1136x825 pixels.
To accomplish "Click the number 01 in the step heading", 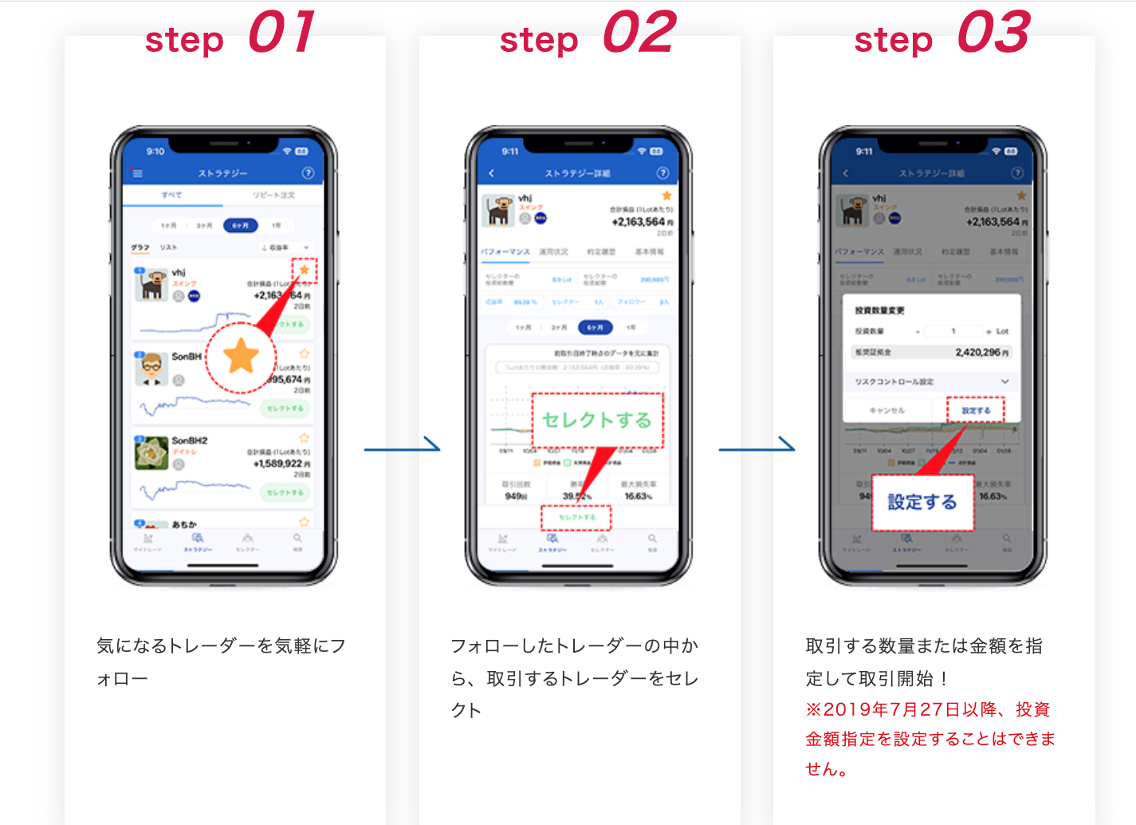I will pyautogui.click(x=281, y=33).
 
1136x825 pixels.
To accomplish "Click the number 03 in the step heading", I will pyautogui.click(x=993, y=33).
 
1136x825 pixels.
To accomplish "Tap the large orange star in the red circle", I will pyautogui.click(x=241, y=357).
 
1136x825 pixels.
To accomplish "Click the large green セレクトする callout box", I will pyautogui.click(x=597, y=420).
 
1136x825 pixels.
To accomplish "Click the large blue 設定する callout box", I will pyautogui.click(x=922, y=502).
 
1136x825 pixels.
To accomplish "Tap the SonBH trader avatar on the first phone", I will pyautogui.click(x=151, y=369).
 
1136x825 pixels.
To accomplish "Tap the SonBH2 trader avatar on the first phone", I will pyautogui.click(x=151, y=452).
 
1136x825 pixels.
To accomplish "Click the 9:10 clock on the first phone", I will pyautogui.click(x=155, y=152).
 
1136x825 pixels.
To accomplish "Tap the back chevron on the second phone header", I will pyautogui.click(x=492, y=173).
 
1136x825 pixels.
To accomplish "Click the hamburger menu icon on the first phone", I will pyautogui.click(x=137, y=173).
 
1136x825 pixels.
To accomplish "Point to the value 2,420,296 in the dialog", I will pyautogui.click(x=981, y=352).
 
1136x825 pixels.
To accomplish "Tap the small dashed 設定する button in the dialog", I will pyautogui.click(x=976, y=410).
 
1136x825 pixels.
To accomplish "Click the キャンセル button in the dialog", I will pyautogui.click(x=886, y=410).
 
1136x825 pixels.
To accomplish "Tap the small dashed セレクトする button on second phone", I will pyautogui.click(x=576, y=517).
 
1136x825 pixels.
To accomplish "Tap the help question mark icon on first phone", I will pyautogui.click(x=308, y=173).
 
